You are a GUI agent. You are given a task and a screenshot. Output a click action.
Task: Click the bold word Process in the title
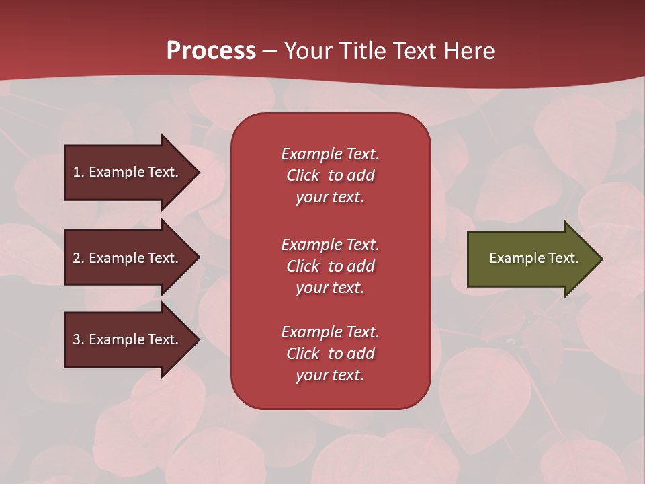coord(211,51)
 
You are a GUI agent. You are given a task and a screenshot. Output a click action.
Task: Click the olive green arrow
coord(524,258)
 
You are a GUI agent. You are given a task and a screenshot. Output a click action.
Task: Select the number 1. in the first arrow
coord(79,172)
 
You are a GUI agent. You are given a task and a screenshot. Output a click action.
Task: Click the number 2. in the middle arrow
coord(79,258)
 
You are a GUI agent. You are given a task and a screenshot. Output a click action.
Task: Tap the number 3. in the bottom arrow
coord(79,339)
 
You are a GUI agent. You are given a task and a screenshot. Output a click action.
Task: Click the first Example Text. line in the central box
coord(330,154)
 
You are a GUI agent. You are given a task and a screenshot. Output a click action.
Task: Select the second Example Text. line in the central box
coord(330,245)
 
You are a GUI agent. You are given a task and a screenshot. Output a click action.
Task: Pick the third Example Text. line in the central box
coord(330,332)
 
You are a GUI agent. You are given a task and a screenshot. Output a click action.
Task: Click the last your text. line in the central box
coord(330,375)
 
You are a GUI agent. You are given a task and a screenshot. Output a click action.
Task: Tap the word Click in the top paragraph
coord(303,175)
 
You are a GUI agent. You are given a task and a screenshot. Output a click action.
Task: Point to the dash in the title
coord(270,52)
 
